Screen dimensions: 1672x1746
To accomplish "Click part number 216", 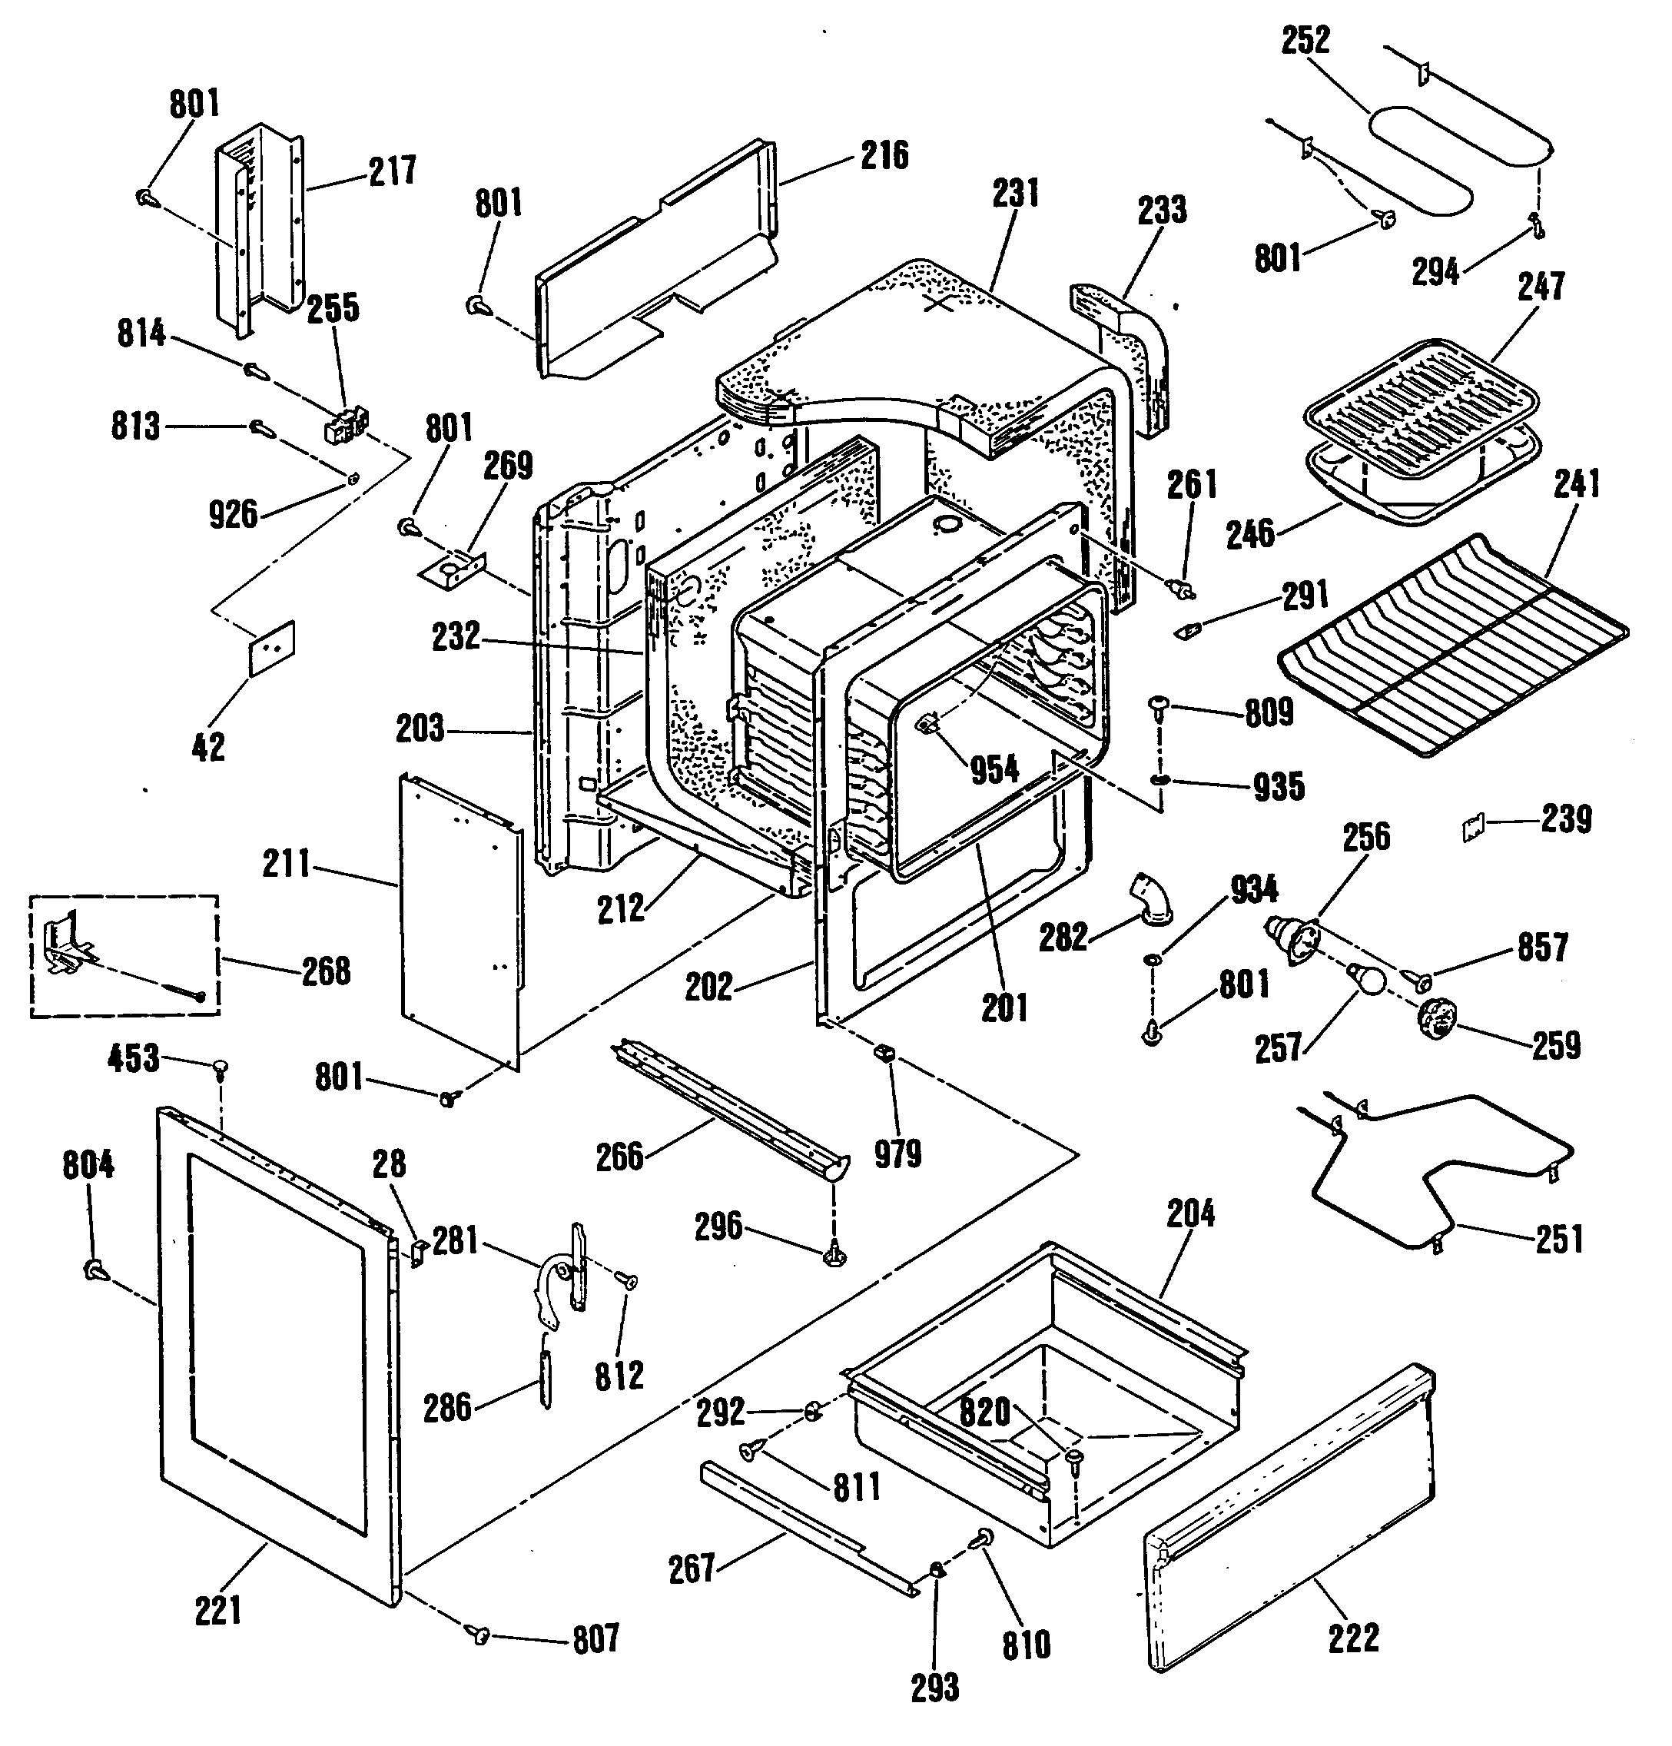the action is (884, 156).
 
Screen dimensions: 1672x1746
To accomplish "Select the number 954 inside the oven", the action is (994, 768).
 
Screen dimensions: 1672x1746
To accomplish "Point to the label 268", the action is (326, 971).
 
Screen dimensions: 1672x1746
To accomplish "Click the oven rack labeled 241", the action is (1453, 643).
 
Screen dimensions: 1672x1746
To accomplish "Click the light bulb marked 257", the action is (1365, 981).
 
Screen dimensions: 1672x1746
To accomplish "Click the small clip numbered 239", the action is (1471, 828).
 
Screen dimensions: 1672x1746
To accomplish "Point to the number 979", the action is (897, 1153).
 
